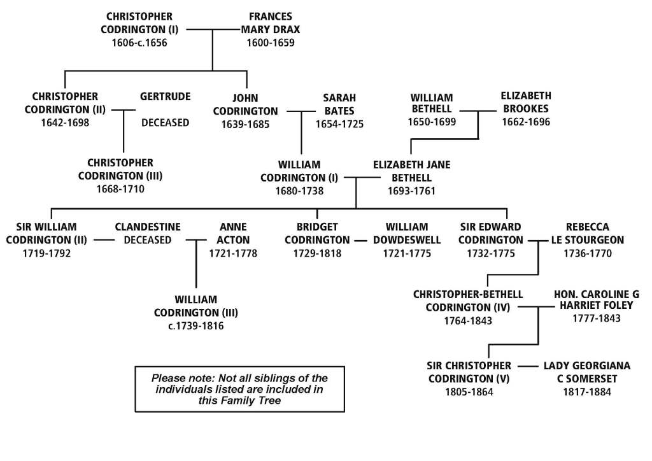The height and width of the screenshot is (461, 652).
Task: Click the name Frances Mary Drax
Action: click(x=271, y=23)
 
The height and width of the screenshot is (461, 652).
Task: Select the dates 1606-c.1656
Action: click(x=139, y=43)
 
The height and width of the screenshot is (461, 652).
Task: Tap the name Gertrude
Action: click(x=165, y=97)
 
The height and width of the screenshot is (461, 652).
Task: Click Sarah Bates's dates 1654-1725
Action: click(x=339, y=124)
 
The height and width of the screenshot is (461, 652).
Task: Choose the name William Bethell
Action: click(x=432, y=104)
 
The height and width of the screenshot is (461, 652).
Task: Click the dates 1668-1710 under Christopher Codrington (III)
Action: click(x=120, y=189)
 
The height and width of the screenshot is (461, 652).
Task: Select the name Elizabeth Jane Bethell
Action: click(x=411, y=171)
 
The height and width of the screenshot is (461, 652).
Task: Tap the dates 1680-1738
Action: click(x=299, y=190)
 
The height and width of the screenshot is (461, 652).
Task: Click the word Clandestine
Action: click(x=148, y=227)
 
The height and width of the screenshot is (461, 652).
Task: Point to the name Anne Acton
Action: click(x=233, y=234)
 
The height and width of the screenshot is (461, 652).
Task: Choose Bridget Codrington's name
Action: click(x=317, y=234)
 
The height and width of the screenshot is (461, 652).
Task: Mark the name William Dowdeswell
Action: click(x=407, y=234)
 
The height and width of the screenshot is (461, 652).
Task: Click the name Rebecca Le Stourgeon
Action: click(x=587, y=234)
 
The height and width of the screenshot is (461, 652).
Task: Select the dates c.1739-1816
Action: click(x=195, y=326)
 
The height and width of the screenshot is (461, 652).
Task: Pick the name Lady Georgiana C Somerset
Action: click(x=587, y=372)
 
